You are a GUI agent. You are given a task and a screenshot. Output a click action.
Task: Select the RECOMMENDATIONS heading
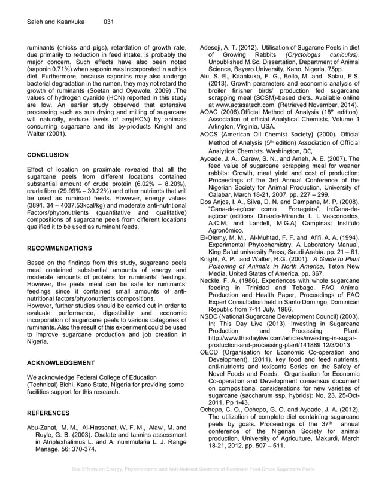[60, 247]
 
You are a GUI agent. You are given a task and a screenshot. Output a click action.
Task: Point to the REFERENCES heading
[48, 413]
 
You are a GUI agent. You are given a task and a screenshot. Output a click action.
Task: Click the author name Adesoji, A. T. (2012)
[231, 45]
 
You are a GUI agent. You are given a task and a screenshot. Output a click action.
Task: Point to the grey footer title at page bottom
[190, 470]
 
